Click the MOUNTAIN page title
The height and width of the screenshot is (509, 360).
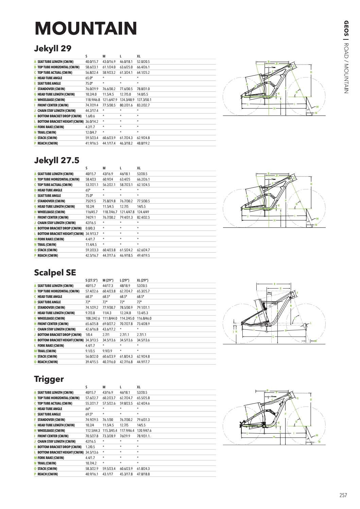click(86, 28)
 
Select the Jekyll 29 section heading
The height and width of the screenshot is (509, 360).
click(53, 48)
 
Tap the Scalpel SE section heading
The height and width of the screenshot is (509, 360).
click(55, 272)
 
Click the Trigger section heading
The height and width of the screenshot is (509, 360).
click(49, 379)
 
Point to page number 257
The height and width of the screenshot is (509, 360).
click(343, 495)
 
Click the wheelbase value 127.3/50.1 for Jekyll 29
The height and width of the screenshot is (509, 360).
click(144, 100)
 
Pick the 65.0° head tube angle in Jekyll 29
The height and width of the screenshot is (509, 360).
click(89, 78)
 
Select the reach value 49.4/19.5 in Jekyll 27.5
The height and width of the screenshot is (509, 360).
click(143, 255)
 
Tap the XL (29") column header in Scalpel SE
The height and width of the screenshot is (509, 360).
click(143, 280)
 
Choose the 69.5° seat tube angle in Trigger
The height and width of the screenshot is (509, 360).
click(89, 414)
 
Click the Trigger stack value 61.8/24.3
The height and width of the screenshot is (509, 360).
click(143, 469)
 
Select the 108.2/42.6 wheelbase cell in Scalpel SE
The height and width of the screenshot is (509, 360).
click(92, 318)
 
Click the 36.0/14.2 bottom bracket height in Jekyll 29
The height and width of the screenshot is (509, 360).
click(91, 121)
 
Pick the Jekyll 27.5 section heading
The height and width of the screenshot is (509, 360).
click(56, 160)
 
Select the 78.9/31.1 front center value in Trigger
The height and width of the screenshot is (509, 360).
click(144, 436)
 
